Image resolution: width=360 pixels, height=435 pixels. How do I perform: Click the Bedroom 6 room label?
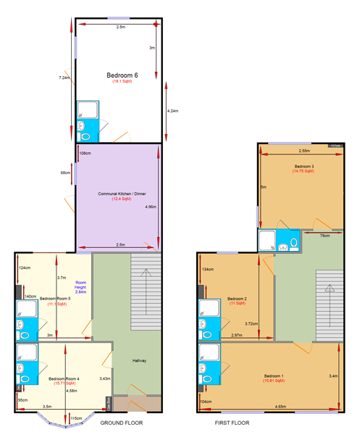click(121, 75)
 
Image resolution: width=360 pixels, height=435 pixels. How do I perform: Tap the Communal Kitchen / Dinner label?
click(117, 194)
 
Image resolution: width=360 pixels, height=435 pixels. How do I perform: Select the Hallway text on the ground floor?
click(140, 360)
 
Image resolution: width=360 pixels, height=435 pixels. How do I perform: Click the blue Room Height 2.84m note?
click(80, 287)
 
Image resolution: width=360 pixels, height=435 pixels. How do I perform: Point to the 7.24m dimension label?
click(64, 78)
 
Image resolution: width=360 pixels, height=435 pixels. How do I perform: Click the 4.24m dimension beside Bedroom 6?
click(172, 111)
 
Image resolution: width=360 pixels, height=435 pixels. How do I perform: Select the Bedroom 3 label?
click(304, 166)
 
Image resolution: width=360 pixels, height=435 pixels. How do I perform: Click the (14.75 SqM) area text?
click(304, 172)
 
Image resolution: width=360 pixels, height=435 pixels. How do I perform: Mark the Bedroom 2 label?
click(238, 298)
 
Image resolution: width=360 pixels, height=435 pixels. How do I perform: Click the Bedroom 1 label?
click(274, 376)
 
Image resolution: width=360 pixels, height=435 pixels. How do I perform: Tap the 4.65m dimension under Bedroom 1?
click(280, 407)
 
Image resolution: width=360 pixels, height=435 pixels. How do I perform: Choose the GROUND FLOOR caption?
click(121, 422)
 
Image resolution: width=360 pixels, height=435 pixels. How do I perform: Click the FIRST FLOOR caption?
click(232, 422)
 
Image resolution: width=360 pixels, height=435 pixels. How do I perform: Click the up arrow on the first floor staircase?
click(330, 304)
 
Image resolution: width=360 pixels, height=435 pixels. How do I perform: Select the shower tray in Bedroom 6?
click(86, 109)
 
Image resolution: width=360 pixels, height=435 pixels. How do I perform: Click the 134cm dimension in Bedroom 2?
click(208, 270)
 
